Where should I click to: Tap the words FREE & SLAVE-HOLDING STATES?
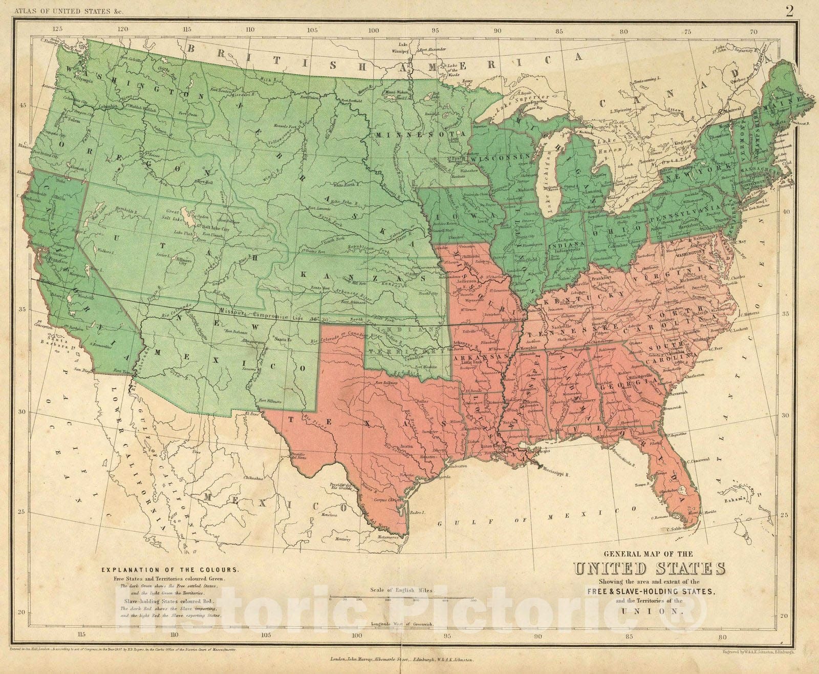pos(650,591)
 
